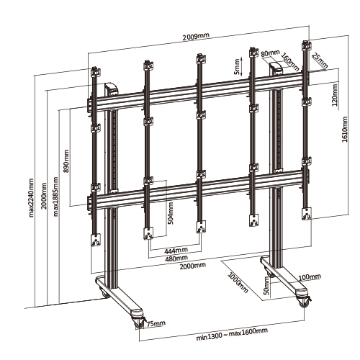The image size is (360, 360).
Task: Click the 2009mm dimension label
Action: (x=196, y=36)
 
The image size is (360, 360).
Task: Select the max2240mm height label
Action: (x=31, y=197)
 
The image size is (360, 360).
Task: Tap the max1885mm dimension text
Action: (x=55, y=197)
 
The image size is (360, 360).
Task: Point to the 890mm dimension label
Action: (x=66, y=161)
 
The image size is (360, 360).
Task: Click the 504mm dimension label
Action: (x=171, y=213)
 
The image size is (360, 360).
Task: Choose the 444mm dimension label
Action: (x=176, y=251)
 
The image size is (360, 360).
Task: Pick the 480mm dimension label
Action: (x=176, y=258)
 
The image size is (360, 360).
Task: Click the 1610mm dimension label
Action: (x=345, y=130)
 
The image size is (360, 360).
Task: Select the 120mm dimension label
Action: (x=335, y=95)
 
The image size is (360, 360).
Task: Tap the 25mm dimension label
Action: (x=320, y=61)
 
